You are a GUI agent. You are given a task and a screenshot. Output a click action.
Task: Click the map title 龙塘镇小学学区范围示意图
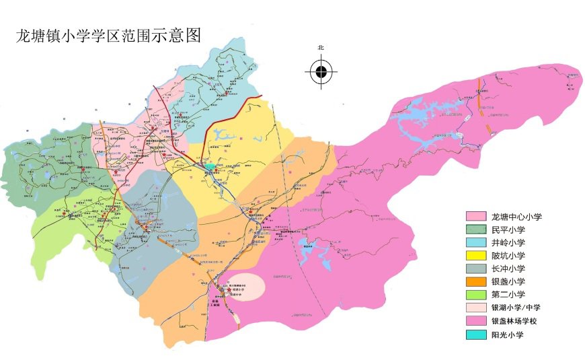[x=108, y=36]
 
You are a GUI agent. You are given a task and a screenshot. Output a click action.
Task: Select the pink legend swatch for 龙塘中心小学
[x=476, y=217]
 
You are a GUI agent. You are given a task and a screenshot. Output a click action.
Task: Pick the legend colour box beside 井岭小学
[x=476, y=242]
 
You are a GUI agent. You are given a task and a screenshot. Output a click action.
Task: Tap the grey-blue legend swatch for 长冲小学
[x=476, y=268]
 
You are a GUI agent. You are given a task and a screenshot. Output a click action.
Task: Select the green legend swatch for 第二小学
[x=476, y=295]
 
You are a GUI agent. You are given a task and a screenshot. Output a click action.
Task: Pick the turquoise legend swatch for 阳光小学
[x=476, y=334]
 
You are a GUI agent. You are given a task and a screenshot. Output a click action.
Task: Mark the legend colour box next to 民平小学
[x=476, y=229]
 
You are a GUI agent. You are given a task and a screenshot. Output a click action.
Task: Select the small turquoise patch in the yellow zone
[x=211, y=166]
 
